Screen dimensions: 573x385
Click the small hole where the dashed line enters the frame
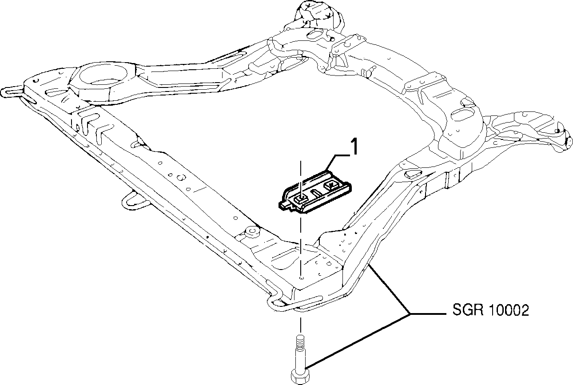[302, 277]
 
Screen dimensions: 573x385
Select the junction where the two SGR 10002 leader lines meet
[410, 313]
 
